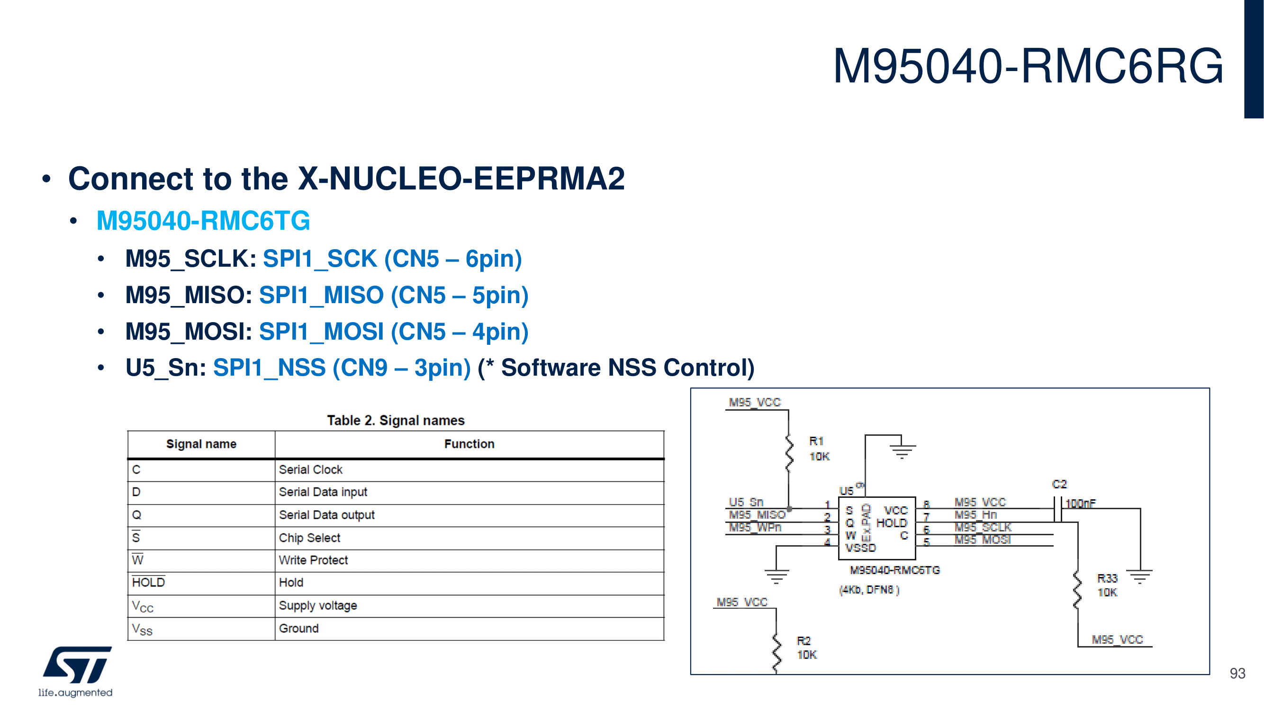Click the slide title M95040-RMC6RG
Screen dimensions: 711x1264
coord(1028,66)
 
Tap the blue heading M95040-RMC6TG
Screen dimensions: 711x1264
coord(203,220)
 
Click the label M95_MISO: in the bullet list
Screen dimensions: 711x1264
coord(189,296)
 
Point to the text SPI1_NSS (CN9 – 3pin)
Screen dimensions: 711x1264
coord(342,368)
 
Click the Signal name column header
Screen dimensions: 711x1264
coord(201,444)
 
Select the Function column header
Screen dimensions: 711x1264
coord(469,444)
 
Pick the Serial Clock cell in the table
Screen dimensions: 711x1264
coord(311,469)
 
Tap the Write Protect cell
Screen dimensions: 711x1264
coord(313,560)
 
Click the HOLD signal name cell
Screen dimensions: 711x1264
coord(148,583)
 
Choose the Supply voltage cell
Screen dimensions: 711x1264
coord(318,605)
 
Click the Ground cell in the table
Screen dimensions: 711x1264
coord(298,629)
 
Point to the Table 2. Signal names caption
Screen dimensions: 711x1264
coord(396,421)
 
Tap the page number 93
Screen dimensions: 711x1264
coord(1237,673)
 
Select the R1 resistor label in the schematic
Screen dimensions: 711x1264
coord(816,441)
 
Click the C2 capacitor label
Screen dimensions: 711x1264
coord(1059,484)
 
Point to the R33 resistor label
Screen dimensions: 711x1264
coord(1107,578)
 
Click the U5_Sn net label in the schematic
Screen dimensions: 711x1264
coord(746,502)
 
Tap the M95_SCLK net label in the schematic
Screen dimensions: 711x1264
coord(983,527)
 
